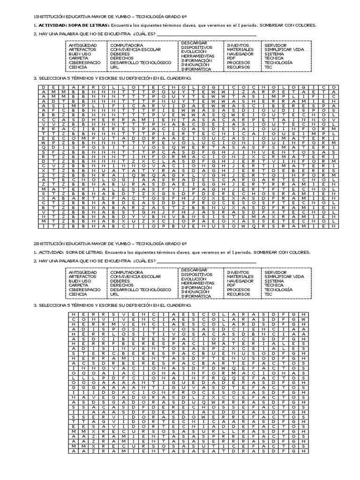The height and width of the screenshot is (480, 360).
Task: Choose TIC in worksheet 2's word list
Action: pos(268,294)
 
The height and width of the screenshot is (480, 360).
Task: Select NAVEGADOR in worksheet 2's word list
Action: pos(240,281)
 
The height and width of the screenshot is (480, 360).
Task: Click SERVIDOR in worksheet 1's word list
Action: pos(276,45)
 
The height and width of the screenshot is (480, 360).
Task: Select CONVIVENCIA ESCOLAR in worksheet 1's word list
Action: pos(135,49)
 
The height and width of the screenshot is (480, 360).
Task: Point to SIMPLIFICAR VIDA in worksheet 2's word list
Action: pos(284,277)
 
